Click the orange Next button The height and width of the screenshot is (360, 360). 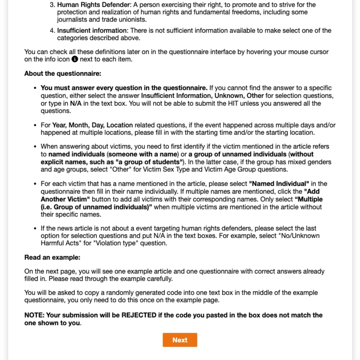[x=180, y=340]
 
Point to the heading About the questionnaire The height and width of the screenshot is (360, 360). [x=62, y=74]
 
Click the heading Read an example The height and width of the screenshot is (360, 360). [x=52, y=257]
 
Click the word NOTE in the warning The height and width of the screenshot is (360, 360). [x=34, y=315]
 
